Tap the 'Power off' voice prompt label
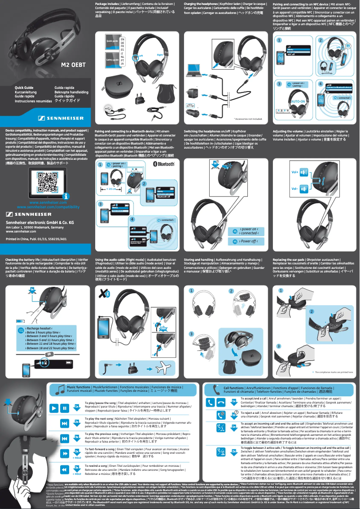(245, 241)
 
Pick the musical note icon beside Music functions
(60, 389)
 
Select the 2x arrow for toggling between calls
(234, 452)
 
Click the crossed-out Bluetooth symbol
(104, 293)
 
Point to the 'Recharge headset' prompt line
(45, 329)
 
